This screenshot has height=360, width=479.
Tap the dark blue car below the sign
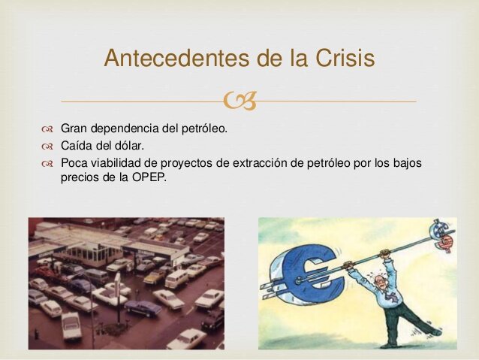coord(143,307)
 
